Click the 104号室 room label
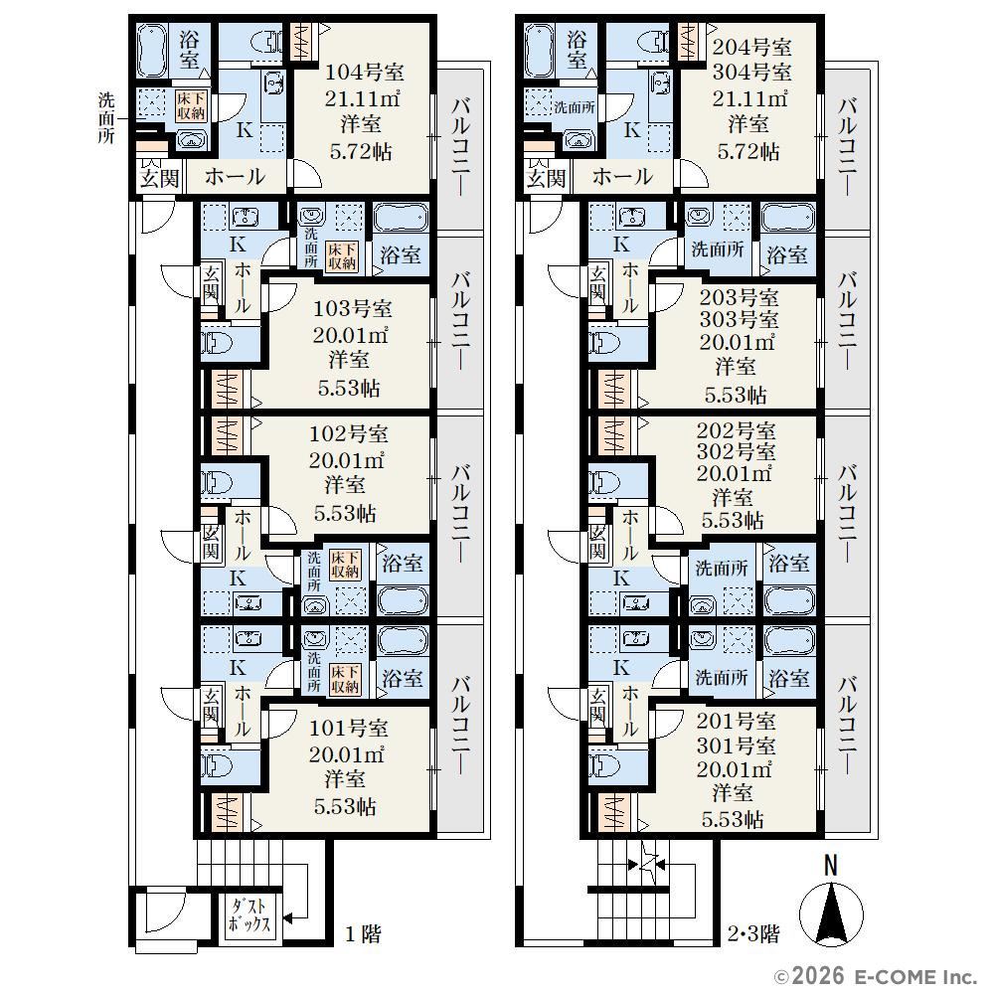(365, 72)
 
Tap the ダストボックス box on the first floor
(249, 914)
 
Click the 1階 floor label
(363, 933)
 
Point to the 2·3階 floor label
(753, 933)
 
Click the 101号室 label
(348, 728)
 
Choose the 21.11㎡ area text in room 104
(362, 98)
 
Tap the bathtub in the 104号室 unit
(151, 51)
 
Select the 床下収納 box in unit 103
(342, 255)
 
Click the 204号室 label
(751, 47)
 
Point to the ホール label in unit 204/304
(622, 176)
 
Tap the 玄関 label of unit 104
(159, 178)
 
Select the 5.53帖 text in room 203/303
(736, 395)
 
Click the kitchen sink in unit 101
(248, 637)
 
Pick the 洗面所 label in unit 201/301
(722, 678)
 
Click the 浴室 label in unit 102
(402, 563)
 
